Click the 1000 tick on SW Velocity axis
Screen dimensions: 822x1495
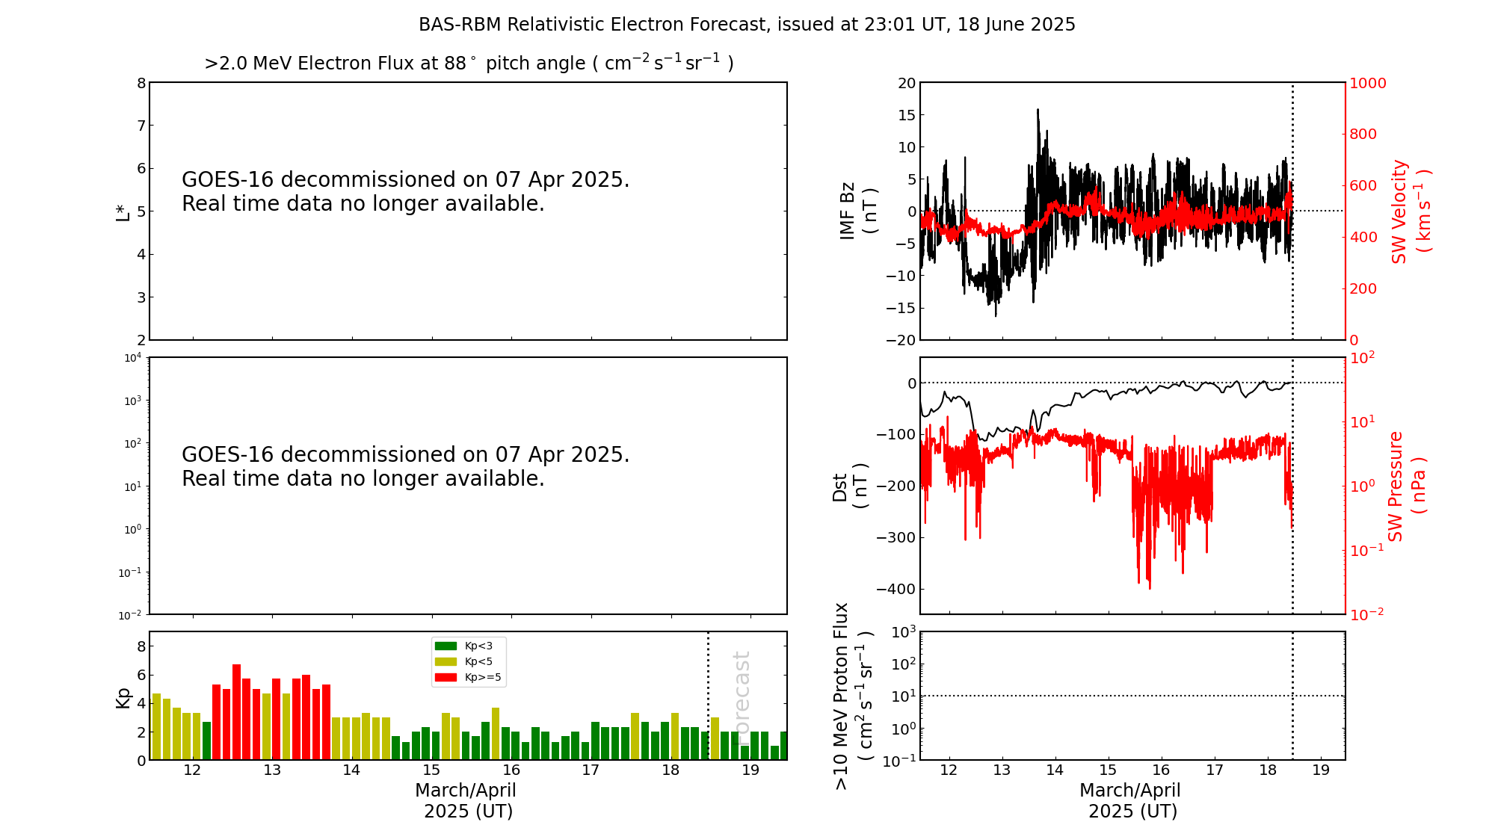(1367, 83)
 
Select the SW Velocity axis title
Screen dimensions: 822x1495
(1410, 211)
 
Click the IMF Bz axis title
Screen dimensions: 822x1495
(857, 211)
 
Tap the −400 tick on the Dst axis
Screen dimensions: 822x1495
(896, 589)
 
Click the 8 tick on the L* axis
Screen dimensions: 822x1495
(141, 83)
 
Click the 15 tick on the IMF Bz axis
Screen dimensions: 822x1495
(906, 115)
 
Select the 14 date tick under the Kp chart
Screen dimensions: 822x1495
(351, 770)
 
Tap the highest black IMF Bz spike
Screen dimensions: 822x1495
(1038, 110)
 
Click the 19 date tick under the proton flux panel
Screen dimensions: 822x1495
(1321, 770)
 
